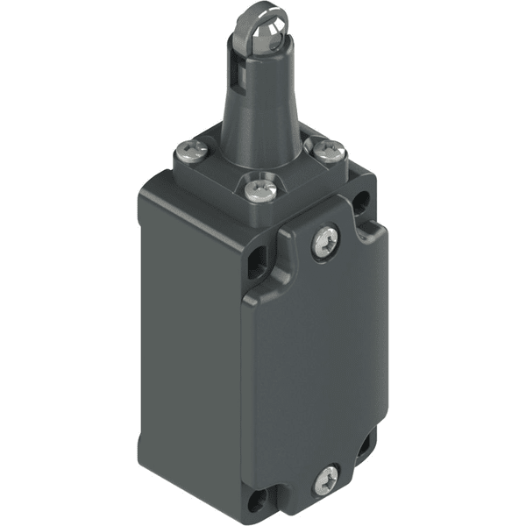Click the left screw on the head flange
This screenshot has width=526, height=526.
coord(195,151)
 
